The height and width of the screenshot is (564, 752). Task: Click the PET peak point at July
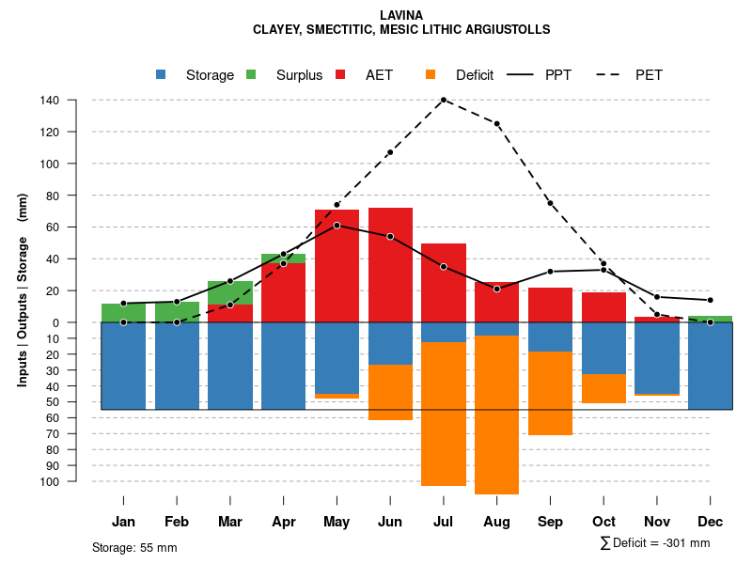(443, 100)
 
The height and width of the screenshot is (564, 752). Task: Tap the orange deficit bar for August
(497, 415)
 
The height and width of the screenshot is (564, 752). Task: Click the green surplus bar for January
(123, 313)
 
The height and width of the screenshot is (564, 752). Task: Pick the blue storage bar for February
(177, 366)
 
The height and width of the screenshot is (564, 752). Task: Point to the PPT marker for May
(337, 226)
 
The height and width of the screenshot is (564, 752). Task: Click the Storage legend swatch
(162, 75)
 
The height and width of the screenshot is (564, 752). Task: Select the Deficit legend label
(475, 75)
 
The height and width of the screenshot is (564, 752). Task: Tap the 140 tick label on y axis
(50, 101)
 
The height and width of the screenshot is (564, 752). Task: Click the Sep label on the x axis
(550, 522)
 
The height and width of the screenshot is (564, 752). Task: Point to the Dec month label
(711, 522)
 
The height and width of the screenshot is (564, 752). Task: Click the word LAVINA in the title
(401, 15)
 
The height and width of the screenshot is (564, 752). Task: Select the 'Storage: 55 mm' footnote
(134, 547)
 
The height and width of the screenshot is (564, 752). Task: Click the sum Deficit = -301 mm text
(655, 543)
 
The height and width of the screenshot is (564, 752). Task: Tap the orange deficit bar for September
(550, 393)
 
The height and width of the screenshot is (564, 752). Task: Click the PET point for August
(497, 124)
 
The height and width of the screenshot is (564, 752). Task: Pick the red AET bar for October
(603, 307)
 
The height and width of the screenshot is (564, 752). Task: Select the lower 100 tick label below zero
(50, 482)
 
